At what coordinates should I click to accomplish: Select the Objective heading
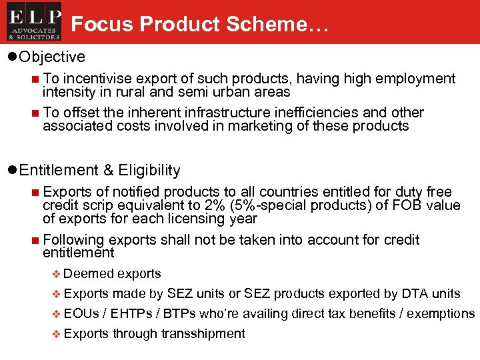click(x=52, y=57)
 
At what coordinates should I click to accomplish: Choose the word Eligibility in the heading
click(x=149, y=170)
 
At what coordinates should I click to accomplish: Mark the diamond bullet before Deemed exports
click(x=56, y=274)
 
